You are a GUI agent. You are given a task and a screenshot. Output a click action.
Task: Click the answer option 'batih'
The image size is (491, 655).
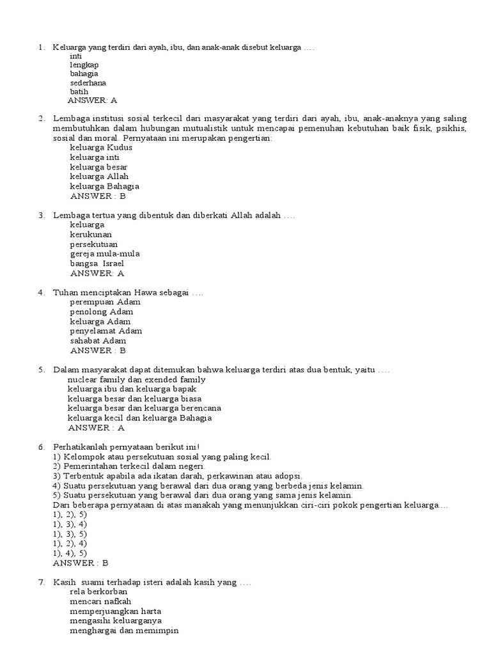tap(79, 91)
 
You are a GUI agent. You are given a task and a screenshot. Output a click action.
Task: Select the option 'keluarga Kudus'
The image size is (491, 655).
tap(101, 147)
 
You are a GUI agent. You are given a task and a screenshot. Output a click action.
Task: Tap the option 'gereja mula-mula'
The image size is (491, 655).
tap(105, 253)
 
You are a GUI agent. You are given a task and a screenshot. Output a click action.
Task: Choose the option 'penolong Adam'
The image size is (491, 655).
tap(101, 312)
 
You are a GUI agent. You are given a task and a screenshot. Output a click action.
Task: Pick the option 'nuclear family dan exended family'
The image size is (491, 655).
tap(136, 379)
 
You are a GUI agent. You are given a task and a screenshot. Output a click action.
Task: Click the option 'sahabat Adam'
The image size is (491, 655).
tap(98, 341)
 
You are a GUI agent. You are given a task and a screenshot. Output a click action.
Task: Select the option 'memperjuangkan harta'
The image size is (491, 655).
tap(115, 611)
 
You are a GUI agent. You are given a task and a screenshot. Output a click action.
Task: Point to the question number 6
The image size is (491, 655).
tap(41, 446)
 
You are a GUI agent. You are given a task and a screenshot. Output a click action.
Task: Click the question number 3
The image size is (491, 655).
tap(41, 215)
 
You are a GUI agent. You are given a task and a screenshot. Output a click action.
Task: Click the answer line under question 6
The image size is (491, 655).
tap(81, 563)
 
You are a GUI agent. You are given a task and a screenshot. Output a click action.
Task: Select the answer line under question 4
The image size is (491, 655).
tap(98, 351)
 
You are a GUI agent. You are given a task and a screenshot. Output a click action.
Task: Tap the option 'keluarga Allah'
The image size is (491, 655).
tap(99, 176)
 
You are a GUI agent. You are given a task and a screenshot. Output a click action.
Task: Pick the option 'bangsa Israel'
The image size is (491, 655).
tap(97, 263)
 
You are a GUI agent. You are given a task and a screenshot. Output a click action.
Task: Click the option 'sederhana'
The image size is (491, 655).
tap(88, 83)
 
